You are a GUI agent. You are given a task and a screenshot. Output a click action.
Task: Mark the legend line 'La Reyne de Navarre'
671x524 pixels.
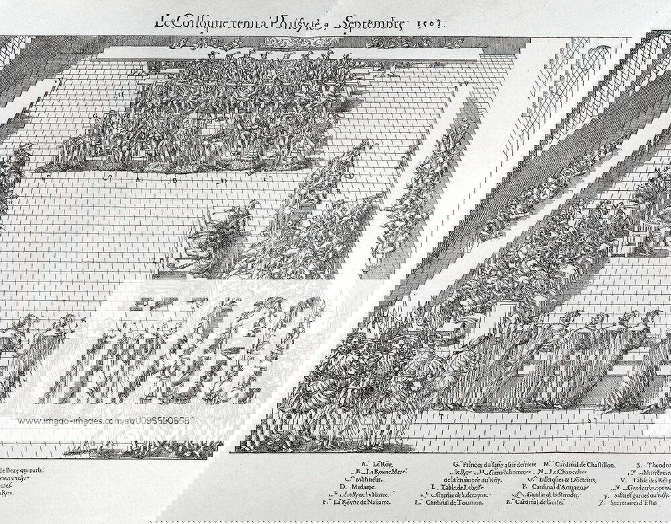pyautogui.click(x=356, y=502)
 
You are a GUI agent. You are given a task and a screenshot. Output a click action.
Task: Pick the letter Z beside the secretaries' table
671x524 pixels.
pyautogui.click(x=154, y=259)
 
